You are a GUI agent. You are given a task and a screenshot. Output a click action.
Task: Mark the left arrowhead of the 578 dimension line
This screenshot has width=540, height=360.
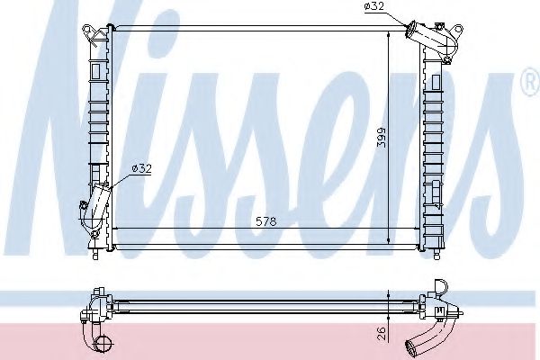tap(113, 229)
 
